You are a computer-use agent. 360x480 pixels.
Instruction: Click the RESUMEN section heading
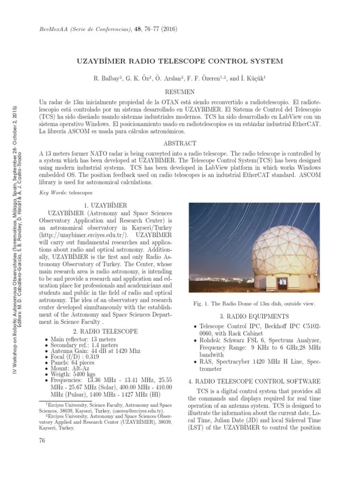180,92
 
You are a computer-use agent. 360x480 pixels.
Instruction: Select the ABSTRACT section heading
180,143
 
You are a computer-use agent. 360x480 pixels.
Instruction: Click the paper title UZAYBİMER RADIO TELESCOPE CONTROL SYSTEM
180,60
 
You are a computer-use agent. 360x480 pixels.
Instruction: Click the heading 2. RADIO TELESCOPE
107,331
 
